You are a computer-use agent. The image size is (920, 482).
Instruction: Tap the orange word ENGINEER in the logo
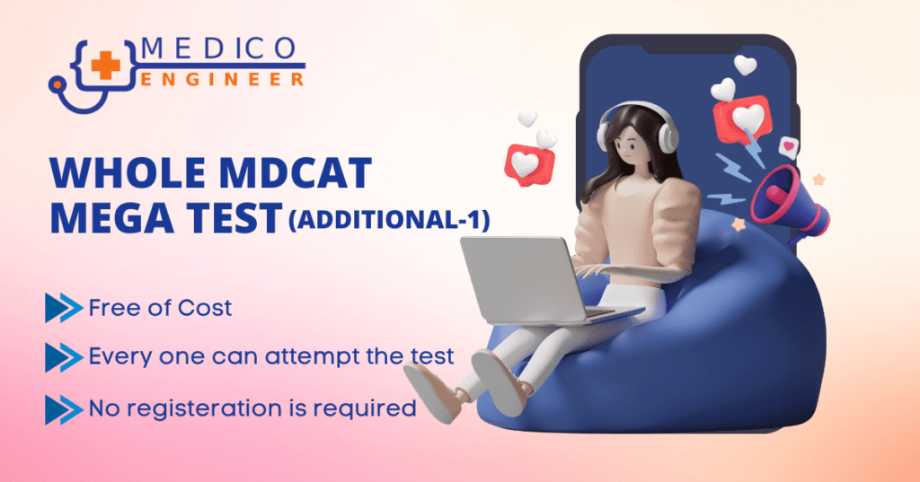(222, 79)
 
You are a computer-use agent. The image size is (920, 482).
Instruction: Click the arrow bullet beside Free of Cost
(63, 308)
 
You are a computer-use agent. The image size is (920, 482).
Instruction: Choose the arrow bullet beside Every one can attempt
(63, 358)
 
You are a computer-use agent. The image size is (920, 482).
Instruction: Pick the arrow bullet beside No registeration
(63, 408)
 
